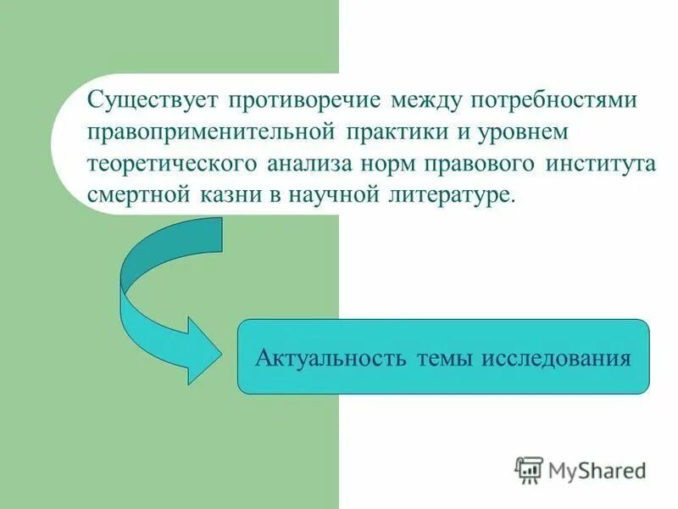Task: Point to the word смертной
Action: pyautogui.click(x=139, y=193)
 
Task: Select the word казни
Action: pyautogui.click(x=229, y=193)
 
